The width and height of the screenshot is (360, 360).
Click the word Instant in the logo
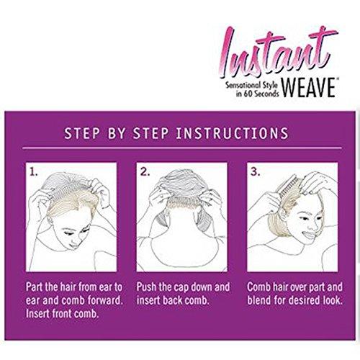click(x=279, y=52)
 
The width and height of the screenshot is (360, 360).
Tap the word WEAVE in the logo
click(x=309, y=88)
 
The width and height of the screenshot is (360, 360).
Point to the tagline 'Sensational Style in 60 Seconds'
click(x=251, y=89)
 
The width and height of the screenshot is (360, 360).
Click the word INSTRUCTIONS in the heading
click(x=232, y=133)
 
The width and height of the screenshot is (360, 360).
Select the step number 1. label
click(x=34, y=172)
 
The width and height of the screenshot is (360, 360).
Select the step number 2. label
click(x=145, y=172)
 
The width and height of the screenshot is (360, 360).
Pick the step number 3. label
click(x=256, y=172)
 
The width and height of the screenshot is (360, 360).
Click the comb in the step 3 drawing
click(x=289, y=187)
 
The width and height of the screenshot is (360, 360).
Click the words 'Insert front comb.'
click(x=63, y=314)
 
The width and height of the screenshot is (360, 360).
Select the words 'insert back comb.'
click(x=172, y=300)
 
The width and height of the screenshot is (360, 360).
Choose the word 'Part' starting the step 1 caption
click(x=35, y=287)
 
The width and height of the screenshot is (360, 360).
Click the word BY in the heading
click(x=117, y=133)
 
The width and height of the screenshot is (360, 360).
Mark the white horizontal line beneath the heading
click(x=182, y=148)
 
